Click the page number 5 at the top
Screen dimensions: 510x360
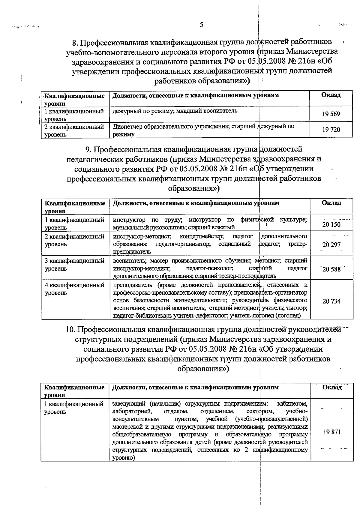[201, 25]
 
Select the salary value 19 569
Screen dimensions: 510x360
[331, 114]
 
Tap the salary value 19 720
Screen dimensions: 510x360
[331, 130]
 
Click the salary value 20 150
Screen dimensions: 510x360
[331, 225]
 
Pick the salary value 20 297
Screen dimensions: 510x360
[331, 245]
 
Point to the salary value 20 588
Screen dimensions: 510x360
[331, 269]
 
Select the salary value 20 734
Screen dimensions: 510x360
[331, 301]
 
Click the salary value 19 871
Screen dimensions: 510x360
[332, 433]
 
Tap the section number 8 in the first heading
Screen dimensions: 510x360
[76, 42]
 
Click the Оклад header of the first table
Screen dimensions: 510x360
[331, 95]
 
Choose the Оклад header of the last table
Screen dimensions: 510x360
[332, 387]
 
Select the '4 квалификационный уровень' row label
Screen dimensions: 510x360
[74, 289]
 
